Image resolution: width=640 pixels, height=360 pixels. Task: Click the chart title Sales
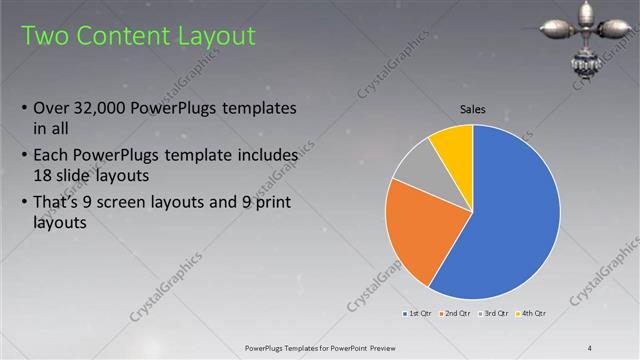[473, 110]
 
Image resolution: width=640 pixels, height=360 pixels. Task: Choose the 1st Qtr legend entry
[417, 314]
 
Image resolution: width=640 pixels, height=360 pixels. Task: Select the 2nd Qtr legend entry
[456, 314]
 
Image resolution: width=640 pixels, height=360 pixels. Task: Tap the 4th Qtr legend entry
[532, 314]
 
